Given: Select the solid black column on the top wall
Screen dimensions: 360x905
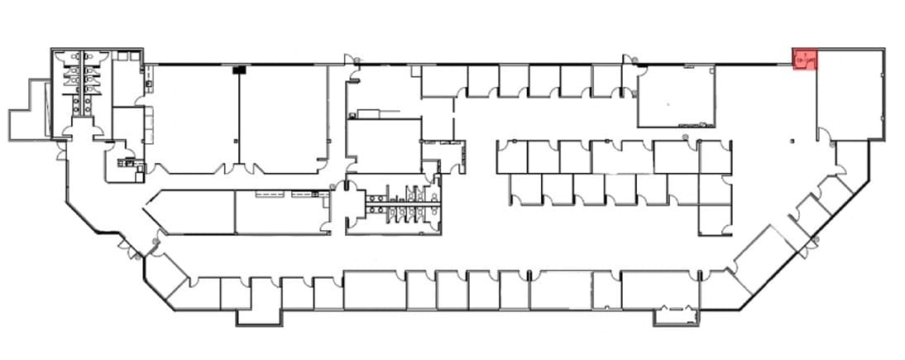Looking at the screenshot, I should pos(239,70).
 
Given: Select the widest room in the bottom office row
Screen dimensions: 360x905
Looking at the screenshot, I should pos(373,290).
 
